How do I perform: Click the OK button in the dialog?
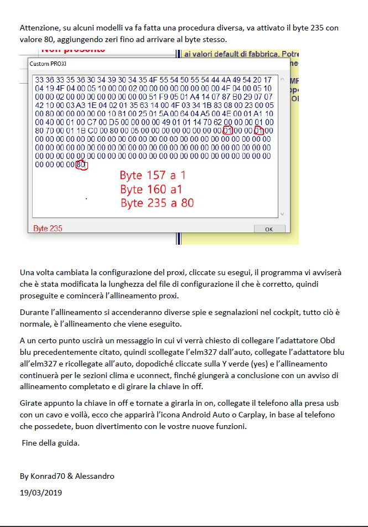pyautogui.click(x=269, y=229)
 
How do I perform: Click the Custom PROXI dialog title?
pyautogui.click(x=48, y=64)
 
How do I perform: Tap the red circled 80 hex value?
pyautogui.click(x=81, y=165)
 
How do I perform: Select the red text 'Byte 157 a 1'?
pyautogui.click(x=153, y=175)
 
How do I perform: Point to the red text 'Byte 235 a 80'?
pyautogui.click(x=157, y=203)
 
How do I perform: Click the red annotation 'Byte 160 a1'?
pyautogui.click(x=151, y=189)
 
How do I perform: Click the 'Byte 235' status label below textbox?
pyautogui.click(x=48, y=229)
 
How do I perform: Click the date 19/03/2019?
pyautogui.click(x=40, y=493)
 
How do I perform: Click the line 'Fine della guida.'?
pyautogui.click(x=51, y=443)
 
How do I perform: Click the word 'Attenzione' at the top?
pyautogui.click(x=40, y=28)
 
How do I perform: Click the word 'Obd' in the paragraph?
pyautogui.click(x=328, y=340)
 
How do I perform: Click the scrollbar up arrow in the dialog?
pyautogui.click(x=282, y=79)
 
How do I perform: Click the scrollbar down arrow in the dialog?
pyautogui.click(x=282, y=214)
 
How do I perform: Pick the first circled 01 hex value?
pyautogui.click(x=227, y=131)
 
